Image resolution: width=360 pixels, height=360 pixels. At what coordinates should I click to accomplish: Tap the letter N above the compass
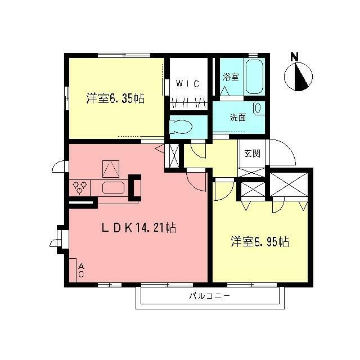(x=294, y=57)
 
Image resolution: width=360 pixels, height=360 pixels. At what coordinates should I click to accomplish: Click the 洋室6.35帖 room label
(x=115, y=98)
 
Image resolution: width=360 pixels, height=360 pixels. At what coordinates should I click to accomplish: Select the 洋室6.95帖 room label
(x=260, y=242)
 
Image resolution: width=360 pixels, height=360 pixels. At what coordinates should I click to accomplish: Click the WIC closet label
(x=187, y=84)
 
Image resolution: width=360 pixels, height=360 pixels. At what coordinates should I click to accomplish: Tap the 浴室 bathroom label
(x=231, y=76)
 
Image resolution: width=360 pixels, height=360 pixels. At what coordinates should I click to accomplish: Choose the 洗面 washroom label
(x=238, y=118)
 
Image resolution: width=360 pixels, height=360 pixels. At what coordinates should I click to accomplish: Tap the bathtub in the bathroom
(x=254, y=78)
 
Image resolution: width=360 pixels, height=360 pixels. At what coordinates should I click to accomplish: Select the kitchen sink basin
(x=112, y=188)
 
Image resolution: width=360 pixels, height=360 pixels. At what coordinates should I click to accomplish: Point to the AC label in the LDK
(x=81, y=270)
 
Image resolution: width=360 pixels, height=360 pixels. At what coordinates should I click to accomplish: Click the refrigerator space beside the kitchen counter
(x=135, y=187)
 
